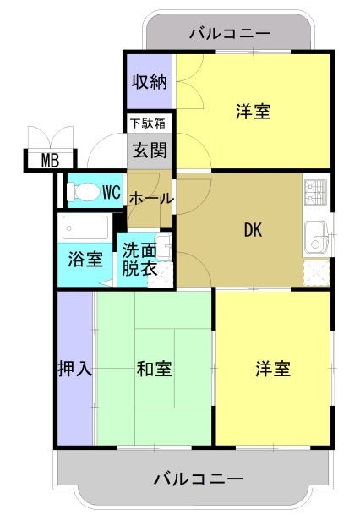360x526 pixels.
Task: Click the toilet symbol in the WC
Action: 84,192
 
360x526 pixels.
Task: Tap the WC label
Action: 112,192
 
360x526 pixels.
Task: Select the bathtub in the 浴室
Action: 85,227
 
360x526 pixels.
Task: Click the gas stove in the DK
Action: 315,192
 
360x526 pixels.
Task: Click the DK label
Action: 253,230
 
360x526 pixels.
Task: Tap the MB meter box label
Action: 50,161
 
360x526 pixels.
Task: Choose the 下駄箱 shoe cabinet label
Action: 148,123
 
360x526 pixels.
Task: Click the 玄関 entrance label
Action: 150,150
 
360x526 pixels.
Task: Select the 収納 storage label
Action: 150,81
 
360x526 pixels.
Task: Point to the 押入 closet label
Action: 74,369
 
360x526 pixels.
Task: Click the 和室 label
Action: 154,369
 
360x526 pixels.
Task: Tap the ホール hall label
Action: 151,199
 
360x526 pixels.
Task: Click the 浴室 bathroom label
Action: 85,259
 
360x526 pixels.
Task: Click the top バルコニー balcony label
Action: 230,34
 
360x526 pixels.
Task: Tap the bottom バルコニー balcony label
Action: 199,479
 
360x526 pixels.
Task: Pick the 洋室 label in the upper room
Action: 253,112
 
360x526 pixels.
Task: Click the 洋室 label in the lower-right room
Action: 273,369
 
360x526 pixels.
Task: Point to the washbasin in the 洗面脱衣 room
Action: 165,247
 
